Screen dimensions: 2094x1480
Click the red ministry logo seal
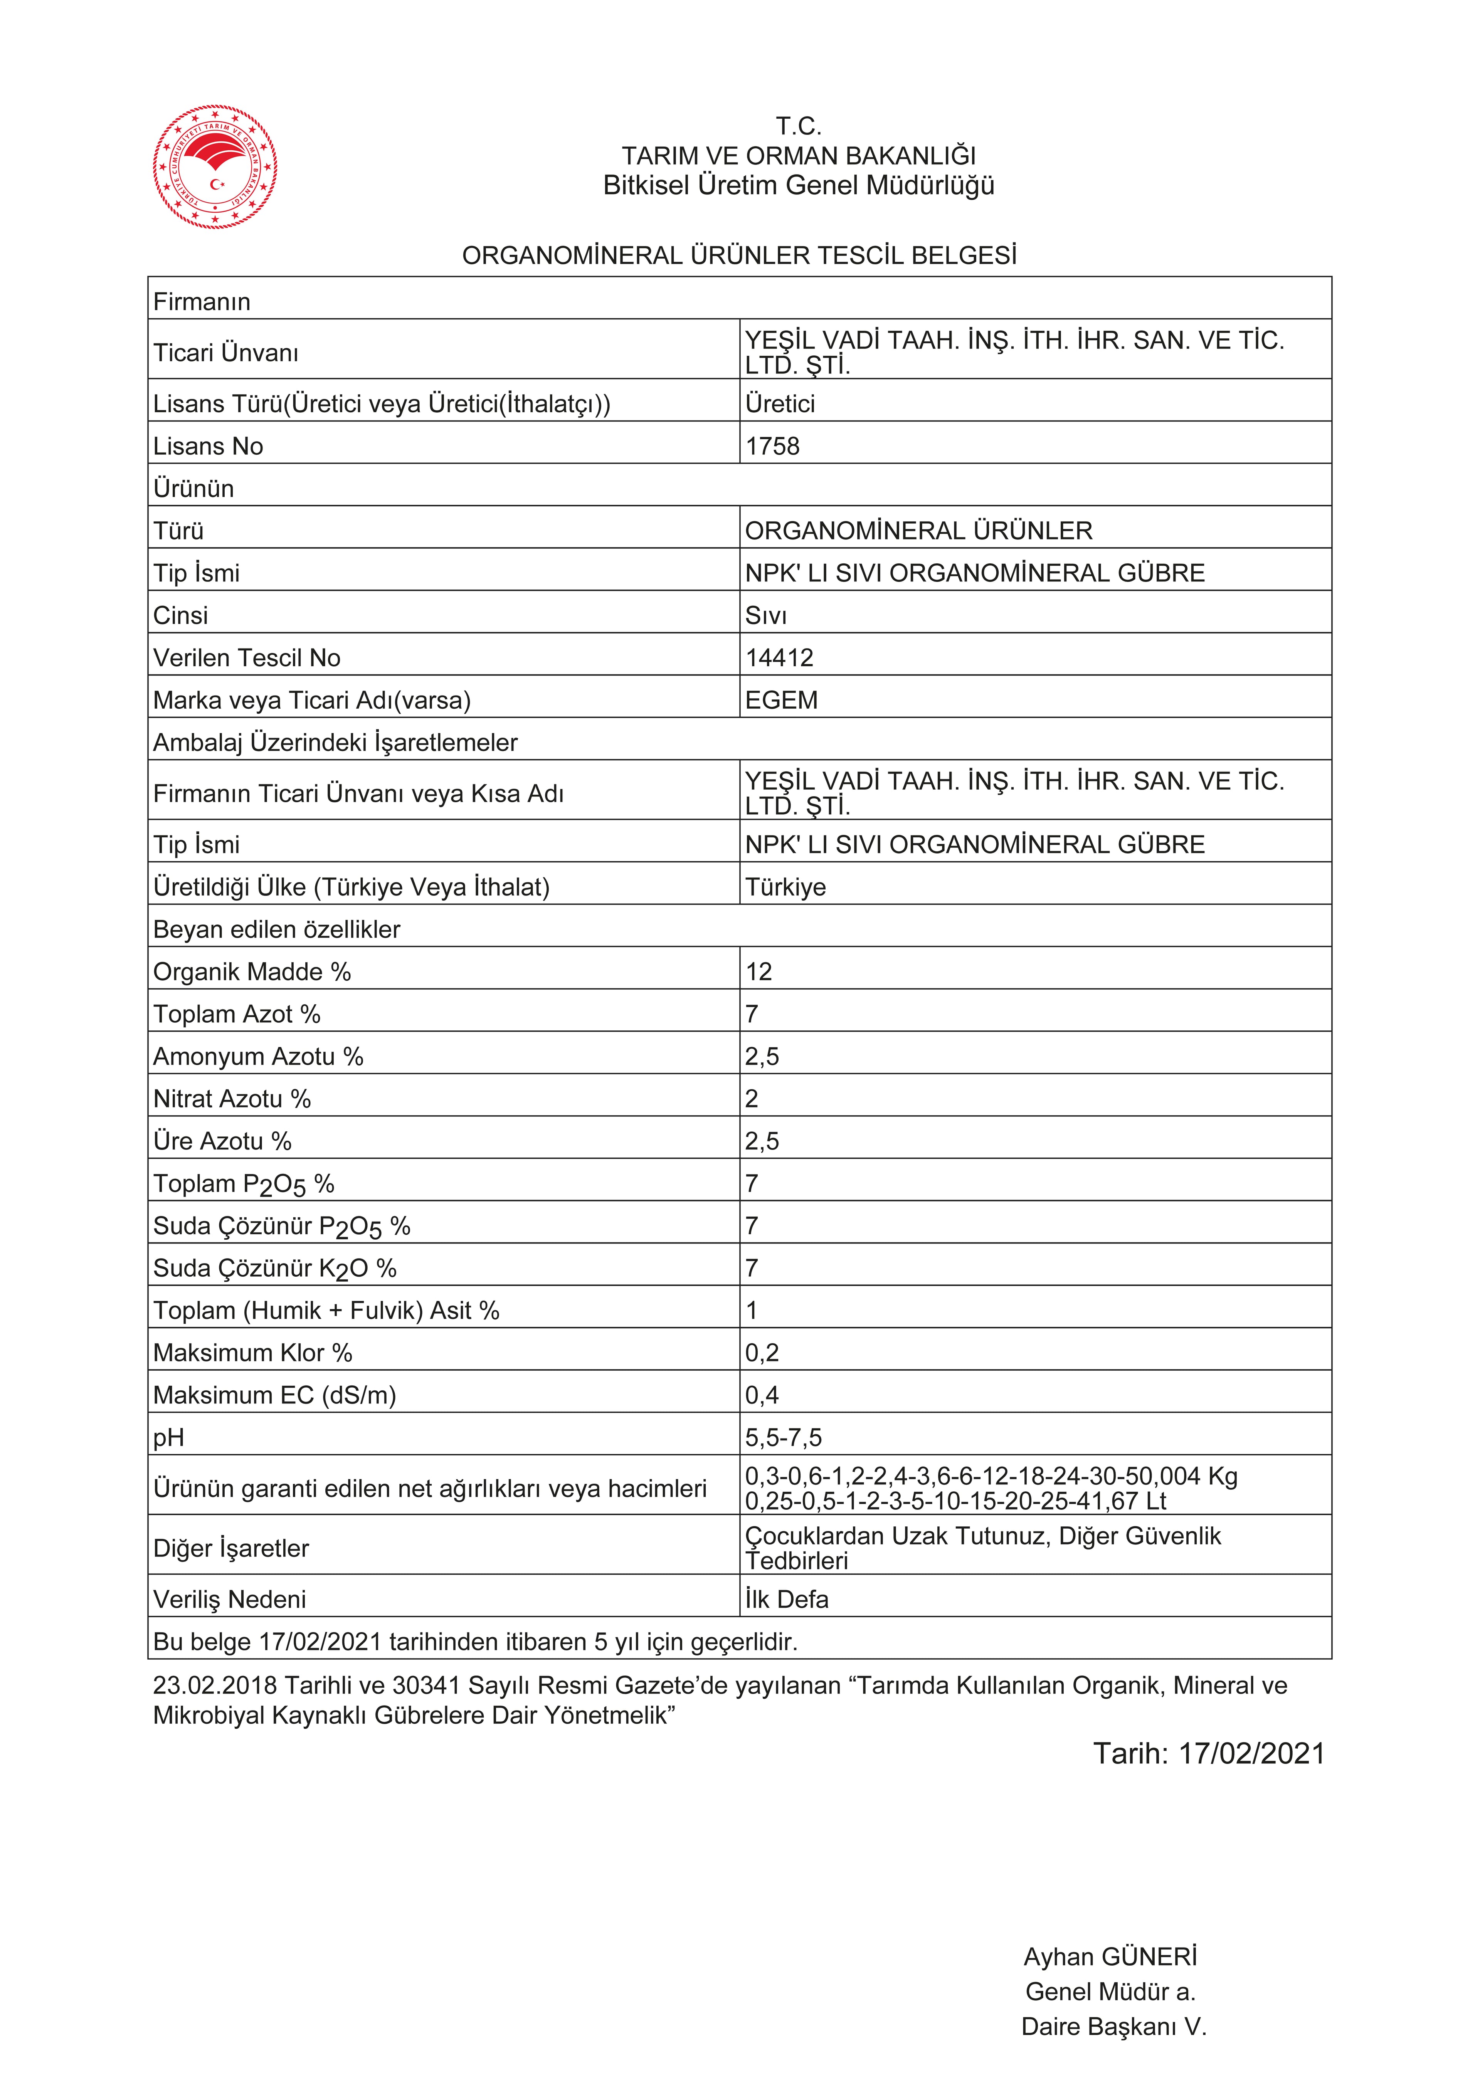coord(215,167)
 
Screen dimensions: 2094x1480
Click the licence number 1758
coord(772,446)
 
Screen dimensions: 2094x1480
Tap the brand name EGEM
coord(781,701)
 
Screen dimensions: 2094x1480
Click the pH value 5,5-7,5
coord(783,1437)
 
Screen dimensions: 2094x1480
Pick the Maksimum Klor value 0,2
coord(762,1353)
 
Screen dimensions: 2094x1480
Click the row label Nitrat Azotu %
coord(232,1099)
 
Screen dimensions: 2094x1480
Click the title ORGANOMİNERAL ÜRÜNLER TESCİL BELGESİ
coord(739,255)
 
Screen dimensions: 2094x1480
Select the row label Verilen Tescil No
coord(246,657)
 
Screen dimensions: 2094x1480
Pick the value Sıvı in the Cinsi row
coord(765,616)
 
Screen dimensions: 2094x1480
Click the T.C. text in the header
coord(799,126)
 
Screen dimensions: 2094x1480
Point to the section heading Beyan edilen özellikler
coord(276,929)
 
